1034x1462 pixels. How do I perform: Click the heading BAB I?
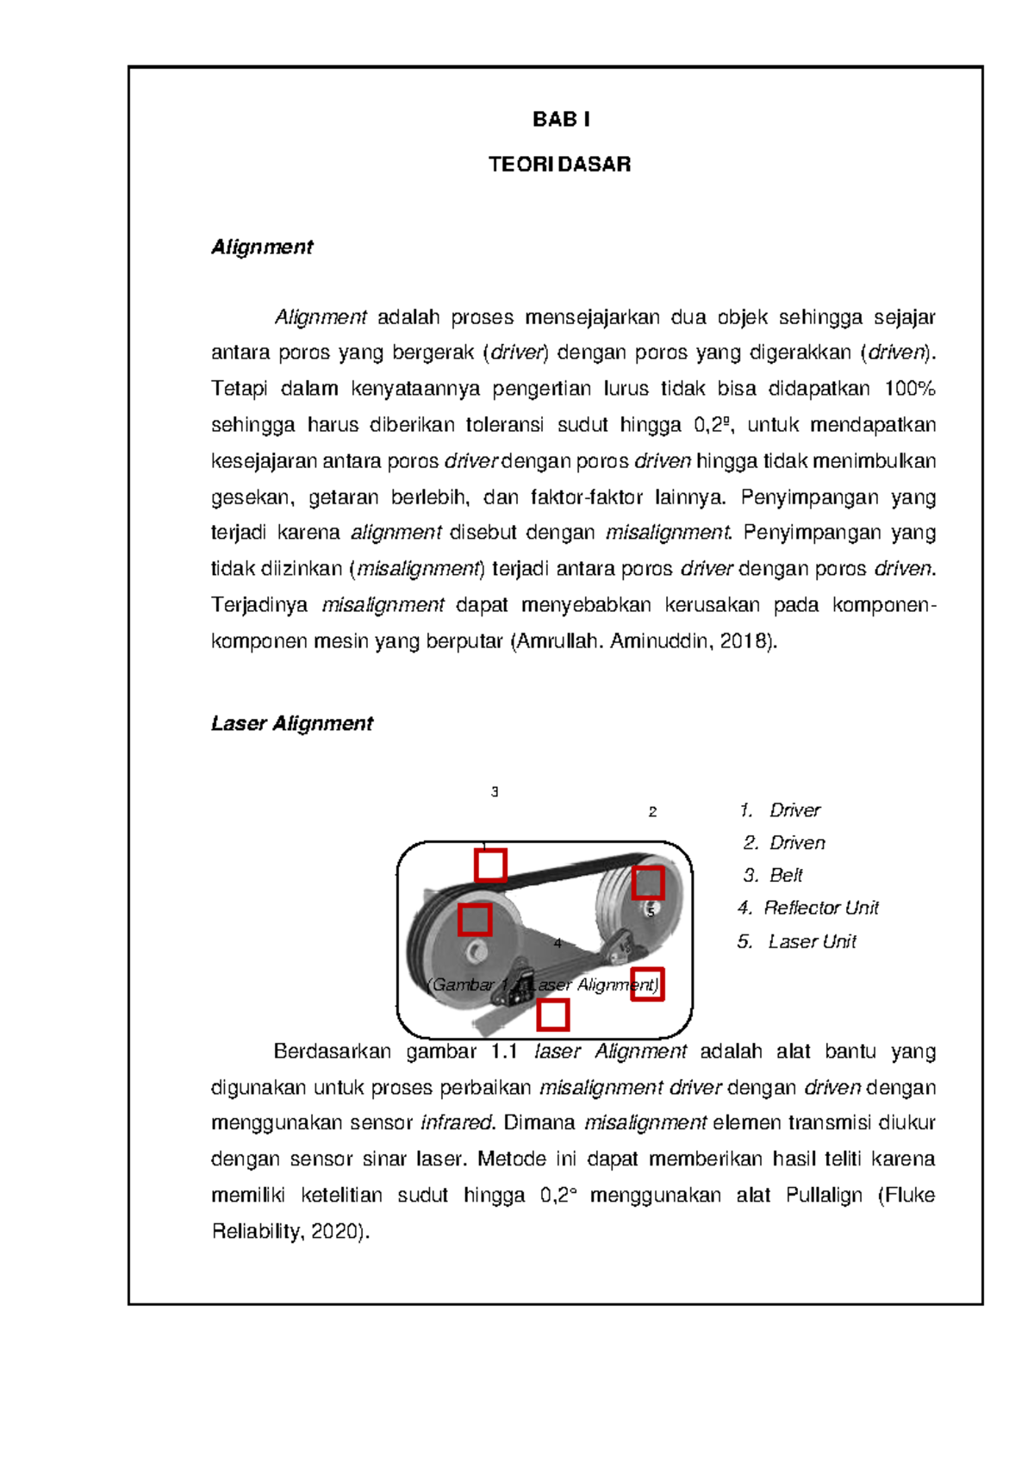tap(561, 120)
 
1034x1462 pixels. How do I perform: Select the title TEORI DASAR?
tap(560, 165)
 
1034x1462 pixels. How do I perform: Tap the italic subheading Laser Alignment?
tap(292, 723)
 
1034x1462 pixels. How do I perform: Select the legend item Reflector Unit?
tap(820, 908)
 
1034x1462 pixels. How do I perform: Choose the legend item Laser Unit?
tap(812, 941)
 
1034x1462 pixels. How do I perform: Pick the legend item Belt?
tap(786, 875)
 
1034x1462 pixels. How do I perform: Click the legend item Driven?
tap(797, 842)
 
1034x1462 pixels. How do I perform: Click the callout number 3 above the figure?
tap(495, 791)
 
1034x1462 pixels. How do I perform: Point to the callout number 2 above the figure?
tap(652, 811)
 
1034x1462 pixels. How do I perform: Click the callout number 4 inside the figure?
tap(557, 943)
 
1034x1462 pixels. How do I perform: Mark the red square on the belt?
tap(490, 865)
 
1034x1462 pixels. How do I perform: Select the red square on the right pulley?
tap(647, 884)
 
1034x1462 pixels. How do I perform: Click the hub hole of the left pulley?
tap(476, 952)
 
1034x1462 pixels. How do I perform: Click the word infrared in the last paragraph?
tap(456, 1123)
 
